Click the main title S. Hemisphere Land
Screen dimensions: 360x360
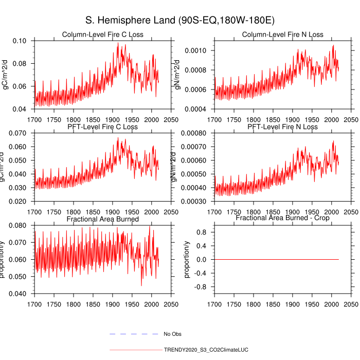(x=180, y=21)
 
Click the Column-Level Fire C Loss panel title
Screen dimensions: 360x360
(x=102, y=34)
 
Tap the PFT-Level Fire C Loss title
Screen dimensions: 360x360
(x=102, y=127)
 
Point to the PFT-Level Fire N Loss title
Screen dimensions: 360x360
(x=283, y=127)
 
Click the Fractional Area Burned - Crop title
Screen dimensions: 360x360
(x=283, y=219)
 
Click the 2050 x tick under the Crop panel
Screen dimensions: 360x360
(x=351, y=304)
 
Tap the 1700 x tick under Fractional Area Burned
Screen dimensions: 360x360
(x=34, y=304)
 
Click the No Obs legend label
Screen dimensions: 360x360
(x=173, y=334)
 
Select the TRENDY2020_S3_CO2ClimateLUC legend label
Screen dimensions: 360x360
(x=206, y=350)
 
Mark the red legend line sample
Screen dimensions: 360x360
(x=135, y=350)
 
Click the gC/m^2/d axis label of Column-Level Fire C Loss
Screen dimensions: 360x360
(x=6, y=75)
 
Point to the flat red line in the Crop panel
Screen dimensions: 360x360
(x=278, y=259)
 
